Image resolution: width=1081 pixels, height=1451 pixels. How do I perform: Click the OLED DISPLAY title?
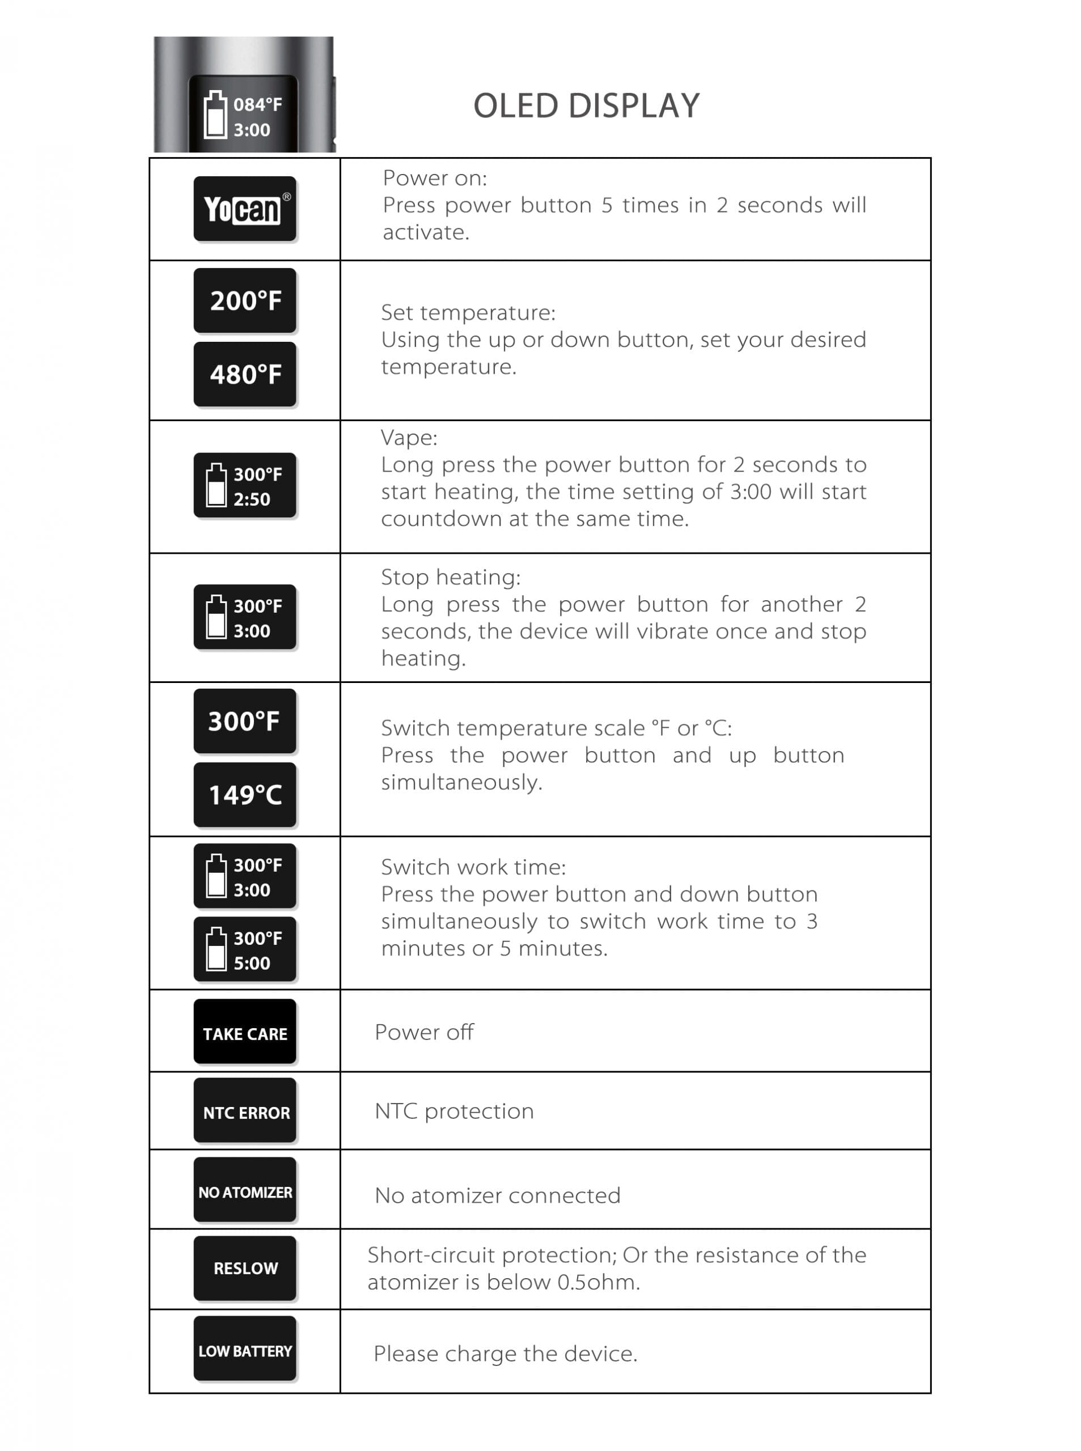[x=586, y=106]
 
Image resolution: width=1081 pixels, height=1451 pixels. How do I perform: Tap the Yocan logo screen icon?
[x=245, y=209]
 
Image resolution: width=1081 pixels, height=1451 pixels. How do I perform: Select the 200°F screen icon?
[x=245, y=301]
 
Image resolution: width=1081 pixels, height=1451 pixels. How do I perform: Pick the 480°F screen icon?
[x=245, y=374]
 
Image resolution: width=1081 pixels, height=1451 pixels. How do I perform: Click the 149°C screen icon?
[x=245, y=795]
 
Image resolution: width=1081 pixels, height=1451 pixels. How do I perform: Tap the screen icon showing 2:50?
[x=245, y=485]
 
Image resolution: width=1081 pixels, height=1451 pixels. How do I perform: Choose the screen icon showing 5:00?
[x=245, y=950]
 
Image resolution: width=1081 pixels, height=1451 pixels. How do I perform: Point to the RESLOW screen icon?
[x=245, y=1268]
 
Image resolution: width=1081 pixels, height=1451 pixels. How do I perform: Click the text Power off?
[x=424, y=1032]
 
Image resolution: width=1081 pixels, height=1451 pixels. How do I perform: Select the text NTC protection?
[x=454, y=1111]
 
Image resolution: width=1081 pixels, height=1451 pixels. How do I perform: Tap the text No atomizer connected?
[x=497, y=1195]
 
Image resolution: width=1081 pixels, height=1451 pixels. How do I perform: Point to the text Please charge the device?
[x=505, y=1354]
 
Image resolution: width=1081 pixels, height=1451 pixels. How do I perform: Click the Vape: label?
[x=409, y=438]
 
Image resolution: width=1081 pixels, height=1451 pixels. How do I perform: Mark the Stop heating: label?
[x=451, y=577]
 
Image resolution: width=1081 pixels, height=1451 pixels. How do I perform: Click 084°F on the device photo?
[x=258, y=105]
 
